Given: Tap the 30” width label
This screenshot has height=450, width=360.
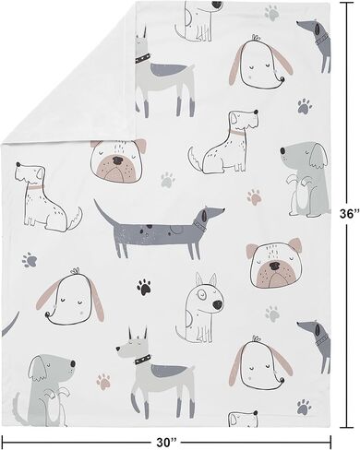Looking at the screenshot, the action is (x=166, y=443).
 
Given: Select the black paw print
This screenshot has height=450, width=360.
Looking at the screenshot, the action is (x=144, y=287).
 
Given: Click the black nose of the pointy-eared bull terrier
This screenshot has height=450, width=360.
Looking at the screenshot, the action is (x=217, y=305).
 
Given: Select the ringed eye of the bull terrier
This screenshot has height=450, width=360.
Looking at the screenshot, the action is (x=202, y=295).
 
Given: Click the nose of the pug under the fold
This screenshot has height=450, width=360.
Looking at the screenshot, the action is (x=117, y=160).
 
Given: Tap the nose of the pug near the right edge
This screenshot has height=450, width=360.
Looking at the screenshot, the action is (x=274, y=266).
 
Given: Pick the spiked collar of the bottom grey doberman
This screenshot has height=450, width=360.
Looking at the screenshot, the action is (x=142, y=359).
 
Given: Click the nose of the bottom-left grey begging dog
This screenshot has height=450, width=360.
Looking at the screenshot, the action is (x=73, y=364).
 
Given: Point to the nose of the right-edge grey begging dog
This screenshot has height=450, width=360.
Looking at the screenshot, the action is (x=282, y=150).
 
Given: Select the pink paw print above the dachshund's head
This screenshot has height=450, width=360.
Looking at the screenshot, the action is (x=254, y=197).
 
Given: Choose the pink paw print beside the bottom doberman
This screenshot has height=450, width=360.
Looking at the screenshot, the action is (x=103, y=382).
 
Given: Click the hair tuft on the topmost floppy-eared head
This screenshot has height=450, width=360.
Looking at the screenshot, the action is (x=255, y=38).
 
